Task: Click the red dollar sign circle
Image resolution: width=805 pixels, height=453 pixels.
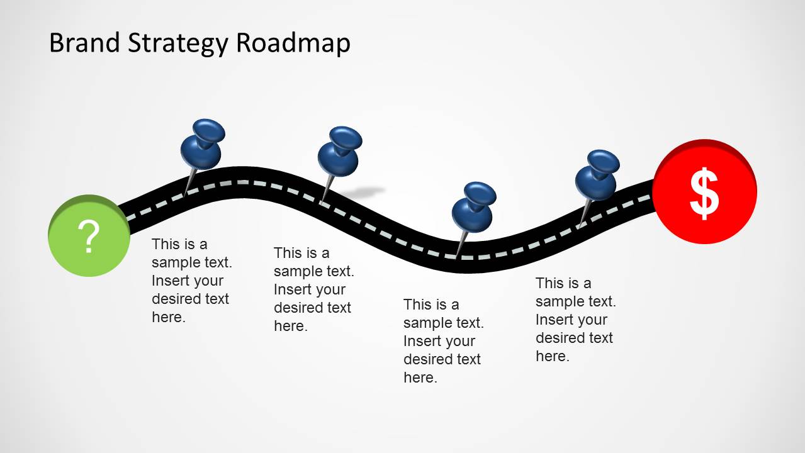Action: coord(704,193)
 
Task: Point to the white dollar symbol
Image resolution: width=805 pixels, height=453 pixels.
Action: coord(704,194)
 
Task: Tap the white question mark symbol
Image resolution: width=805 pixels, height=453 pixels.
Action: coord(90,237)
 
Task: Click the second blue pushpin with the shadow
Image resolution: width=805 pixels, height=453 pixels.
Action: coord(339,152)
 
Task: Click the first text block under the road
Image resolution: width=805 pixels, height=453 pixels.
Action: coord(191,281)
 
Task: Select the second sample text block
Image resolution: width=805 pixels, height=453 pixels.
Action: coord(313,289)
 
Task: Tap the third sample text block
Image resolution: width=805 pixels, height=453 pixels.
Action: coord(443,341)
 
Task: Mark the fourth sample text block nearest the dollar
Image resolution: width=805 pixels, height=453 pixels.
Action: coord(575,320)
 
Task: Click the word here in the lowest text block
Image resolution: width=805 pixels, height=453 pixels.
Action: coord(420,377)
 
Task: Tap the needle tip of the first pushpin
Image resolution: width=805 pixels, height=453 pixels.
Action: coord(184,193)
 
